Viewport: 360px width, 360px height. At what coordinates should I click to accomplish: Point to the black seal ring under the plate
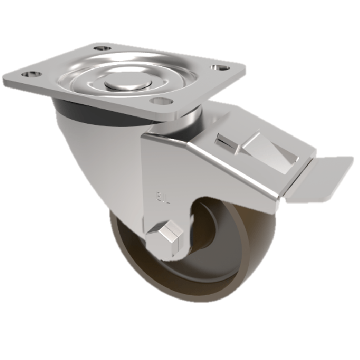point(72,108)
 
